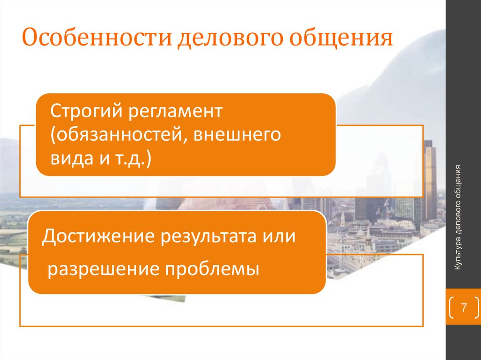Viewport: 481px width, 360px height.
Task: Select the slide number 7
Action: click(x=464, y=308)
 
